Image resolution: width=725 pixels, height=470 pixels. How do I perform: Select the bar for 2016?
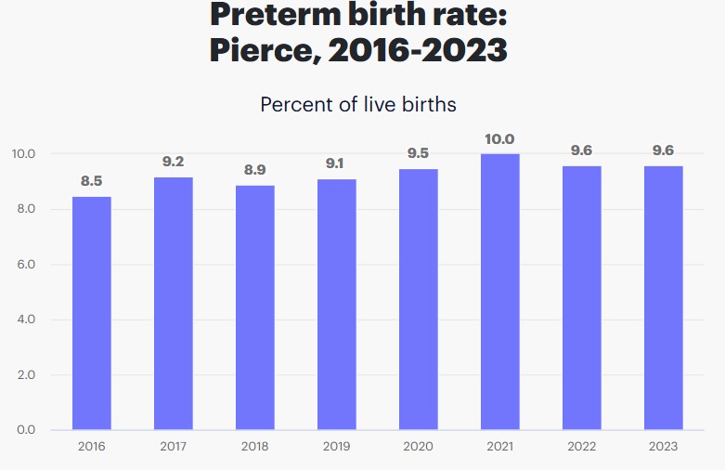point(92,313)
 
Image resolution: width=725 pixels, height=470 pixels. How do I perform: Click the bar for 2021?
point(500,292)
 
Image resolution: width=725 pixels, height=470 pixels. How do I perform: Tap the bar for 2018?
point(255,307)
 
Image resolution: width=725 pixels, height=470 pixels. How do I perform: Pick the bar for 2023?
point(664,297)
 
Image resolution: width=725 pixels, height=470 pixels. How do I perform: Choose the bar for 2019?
point(337,304)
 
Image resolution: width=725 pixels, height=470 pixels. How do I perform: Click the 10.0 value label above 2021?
point(500,139)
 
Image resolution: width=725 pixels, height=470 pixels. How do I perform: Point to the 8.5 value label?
point(92,181)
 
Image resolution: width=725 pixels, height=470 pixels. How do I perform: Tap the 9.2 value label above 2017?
point(174,162)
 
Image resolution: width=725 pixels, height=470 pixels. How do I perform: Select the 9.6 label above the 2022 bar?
point(582,150)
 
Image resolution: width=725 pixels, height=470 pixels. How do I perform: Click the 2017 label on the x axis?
point(174,447)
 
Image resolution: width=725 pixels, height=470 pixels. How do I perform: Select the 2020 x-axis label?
point(419,447)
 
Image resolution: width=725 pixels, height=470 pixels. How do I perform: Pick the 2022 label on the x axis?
point(582,447)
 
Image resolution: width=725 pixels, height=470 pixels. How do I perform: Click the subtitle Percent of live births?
point(358,104)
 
